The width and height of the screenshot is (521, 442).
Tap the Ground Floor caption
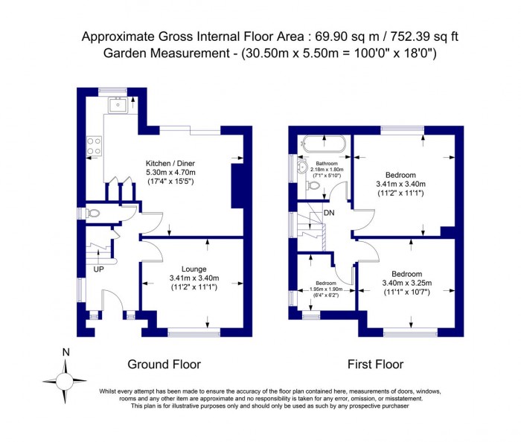(164, 365)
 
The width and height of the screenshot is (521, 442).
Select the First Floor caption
(375, 365)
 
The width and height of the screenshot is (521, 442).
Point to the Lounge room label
(194, 269)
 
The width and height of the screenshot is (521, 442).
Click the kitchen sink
(117, 106)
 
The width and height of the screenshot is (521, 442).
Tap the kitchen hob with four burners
(95, 145)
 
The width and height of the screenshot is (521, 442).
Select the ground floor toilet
(92, 214)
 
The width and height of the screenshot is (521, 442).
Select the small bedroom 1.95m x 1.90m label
(325, 289)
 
